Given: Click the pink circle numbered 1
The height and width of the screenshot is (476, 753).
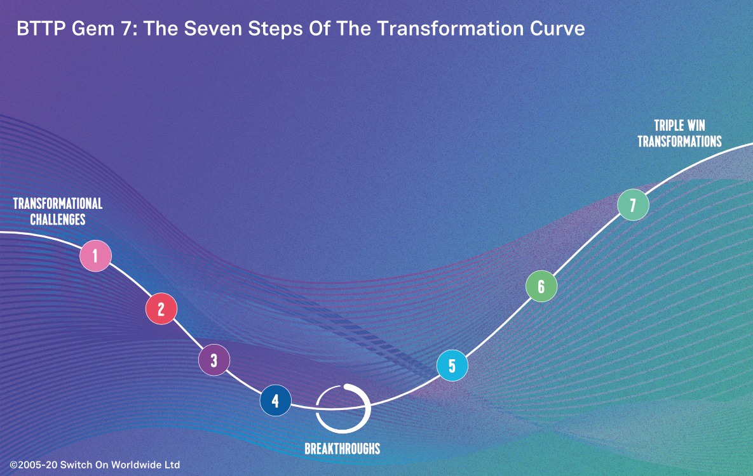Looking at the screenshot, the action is [x=95, y=256].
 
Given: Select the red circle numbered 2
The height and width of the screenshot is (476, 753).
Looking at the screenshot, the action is [x=161, y=308].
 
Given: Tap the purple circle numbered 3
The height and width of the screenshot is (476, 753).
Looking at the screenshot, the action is [x=214, y=360].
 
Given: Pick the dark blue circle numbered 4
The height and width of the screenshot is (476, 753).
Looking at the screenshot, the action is [x=276, y=400].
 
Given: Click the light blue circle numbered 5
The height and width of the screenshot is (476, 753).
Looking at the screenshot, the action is [x=452, y=366].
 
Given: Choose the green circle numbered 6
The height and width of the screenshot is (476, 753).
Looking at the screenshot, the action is [x=541, y=286].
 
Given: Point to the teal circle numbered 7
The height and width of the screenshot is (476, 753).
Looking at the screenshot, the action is [x=633, y=205].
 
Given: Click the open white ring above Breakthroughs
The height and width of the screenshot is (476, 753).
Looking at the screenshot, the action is [x=369, y=408].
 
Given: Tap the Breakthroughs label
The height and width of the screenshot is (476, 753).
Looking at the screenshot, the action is [x=343, y=449].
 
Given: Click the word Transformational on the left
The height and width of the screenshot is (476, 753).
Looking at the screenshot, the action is [x=58, y=204].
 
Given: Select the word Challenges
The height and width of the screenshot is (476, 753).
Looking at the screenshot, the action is [x=58, y=220].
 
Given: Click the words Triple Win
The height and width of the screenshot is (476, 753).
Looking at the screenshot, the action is [x=679, y=126].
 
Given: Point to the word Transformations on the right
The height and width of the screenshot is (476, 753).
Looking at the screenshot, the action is [x=679, y=142].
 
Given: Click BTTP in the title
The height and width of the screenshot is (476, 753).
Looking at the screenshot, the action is [x=41, y=29].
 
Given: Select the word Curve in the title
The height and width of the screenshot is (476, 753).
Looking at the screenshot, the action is [x=557, y=29].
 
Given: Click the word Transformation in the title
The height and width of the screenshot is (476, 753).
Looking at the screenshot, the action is [x=450, y=29].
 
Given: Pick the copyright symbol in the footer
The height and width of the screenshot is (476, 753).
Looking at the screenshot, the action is [x=13, y=465].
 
